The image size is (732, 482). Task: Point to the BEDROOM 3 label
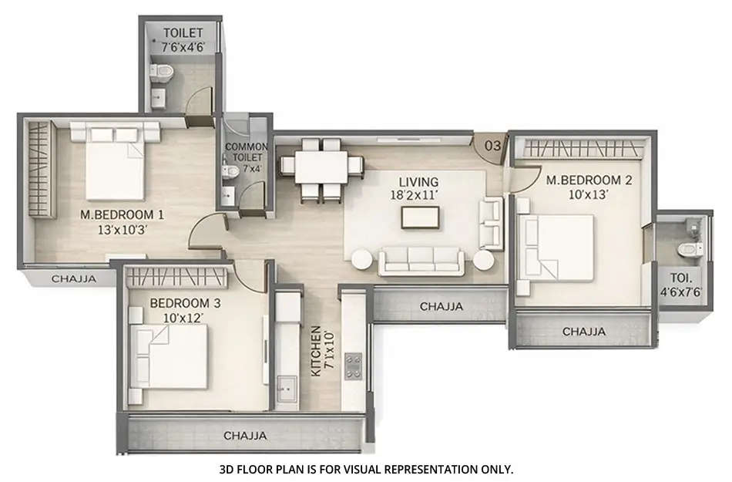(x=185, y=304)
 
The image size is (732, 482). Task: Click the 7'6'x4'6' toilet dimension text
(x=183, y=47)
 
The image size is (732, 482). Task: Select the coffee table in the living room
(x=421, y=217)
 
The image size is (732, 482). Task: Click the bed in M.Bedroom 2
(x=558, y=246)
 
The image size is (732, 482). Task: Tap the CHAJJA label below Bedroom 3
(x=245, y=436)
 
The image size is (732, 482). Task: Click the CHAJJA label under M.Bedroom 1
(x=73, y=278)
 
